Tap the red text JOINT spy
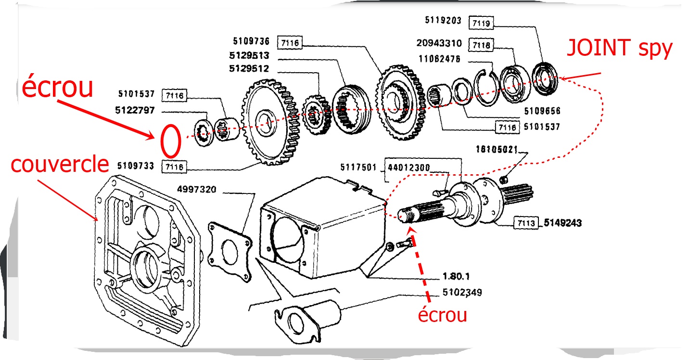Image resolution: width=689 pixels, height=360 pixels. tap(619, 49)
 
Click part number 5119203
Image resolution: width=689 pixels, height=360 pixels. tap(443, 21)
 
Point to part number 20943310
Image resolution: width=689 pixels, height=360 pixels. tap(439, 44)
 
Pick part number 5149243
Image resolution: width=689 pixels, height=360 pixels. tap(563, 223)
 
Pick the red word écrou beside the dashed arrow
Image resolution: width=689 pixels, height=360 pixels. tap(442, 316)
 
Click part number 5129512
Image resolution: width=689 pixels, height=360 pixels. tap(249, 68)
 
